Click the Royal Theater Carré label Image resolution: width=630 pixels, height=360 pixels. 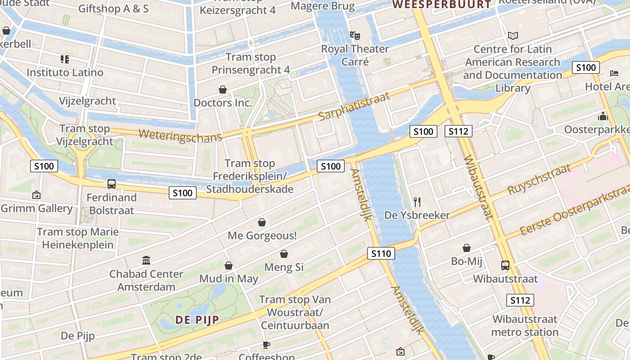(x=355, y=55)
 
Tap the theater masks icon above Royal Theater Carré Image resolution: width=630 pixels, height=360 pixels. (x=355, y=35)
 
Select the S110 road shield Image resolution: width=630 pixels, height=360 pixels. (x=381, y=253)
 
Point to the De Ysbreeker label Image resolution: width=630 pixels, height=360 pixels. (x=417, y=215)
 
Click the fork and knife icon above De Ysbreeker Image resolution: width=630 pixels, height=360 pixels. (x=417, y=202)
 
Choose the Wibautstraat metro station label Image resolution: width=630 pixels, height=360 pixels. (x=525, y=325)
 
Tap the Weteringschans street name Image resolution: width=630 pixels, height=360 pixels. (x=180, y=135)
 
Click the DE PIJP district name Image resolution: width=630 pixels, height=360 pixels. (x=197, y=320)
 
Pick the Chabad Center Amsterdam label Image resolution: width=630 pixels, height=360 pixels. (x=146, y=280)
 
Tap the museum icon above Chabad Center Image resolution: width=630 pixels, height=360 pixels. (x=146, y=261)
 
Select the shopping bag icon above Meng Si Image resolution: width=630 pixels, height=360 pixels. (x=283, y=254)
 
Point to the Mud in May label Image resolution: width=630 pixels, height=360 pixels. (x=229, y=279)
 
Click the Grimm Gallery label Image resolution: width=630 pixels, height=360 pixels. (x=36, y=208)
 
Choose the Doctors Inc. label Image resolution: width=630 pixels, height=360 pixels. (x=222, y=103)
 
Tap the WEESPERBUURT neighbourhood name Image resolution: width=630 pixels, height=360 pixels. (x=441, y=4)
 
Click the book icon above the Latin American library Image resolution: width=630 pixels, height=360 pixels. (x=513, y=36)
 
